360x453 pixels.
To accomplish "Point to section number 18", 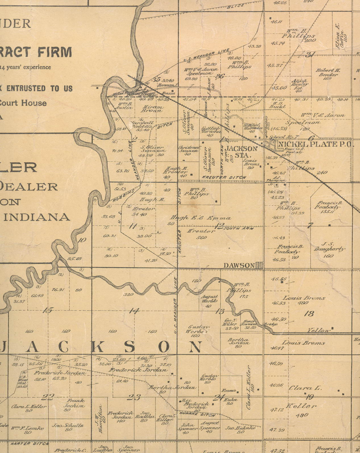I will click(x=309, y=314).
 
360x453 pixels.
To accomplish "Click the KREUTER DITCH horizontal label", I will click(x=224, y=178).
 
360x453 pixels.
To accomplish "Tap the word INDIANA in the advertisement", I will click(x=37, y=217).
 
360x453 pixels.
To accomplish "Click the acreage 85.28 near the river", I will click(x=75, y=258).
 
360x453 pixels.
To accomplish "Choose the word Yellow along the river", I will click(x=319, y=330).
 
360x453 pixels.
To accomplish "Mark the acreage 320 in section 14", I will click(x=128, y=294).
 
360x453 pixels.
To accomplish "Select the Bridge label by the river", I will click(x=271, y=324).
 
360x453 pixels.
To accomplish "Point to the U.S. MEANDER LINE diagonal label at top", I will click(x=206, y=56).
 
